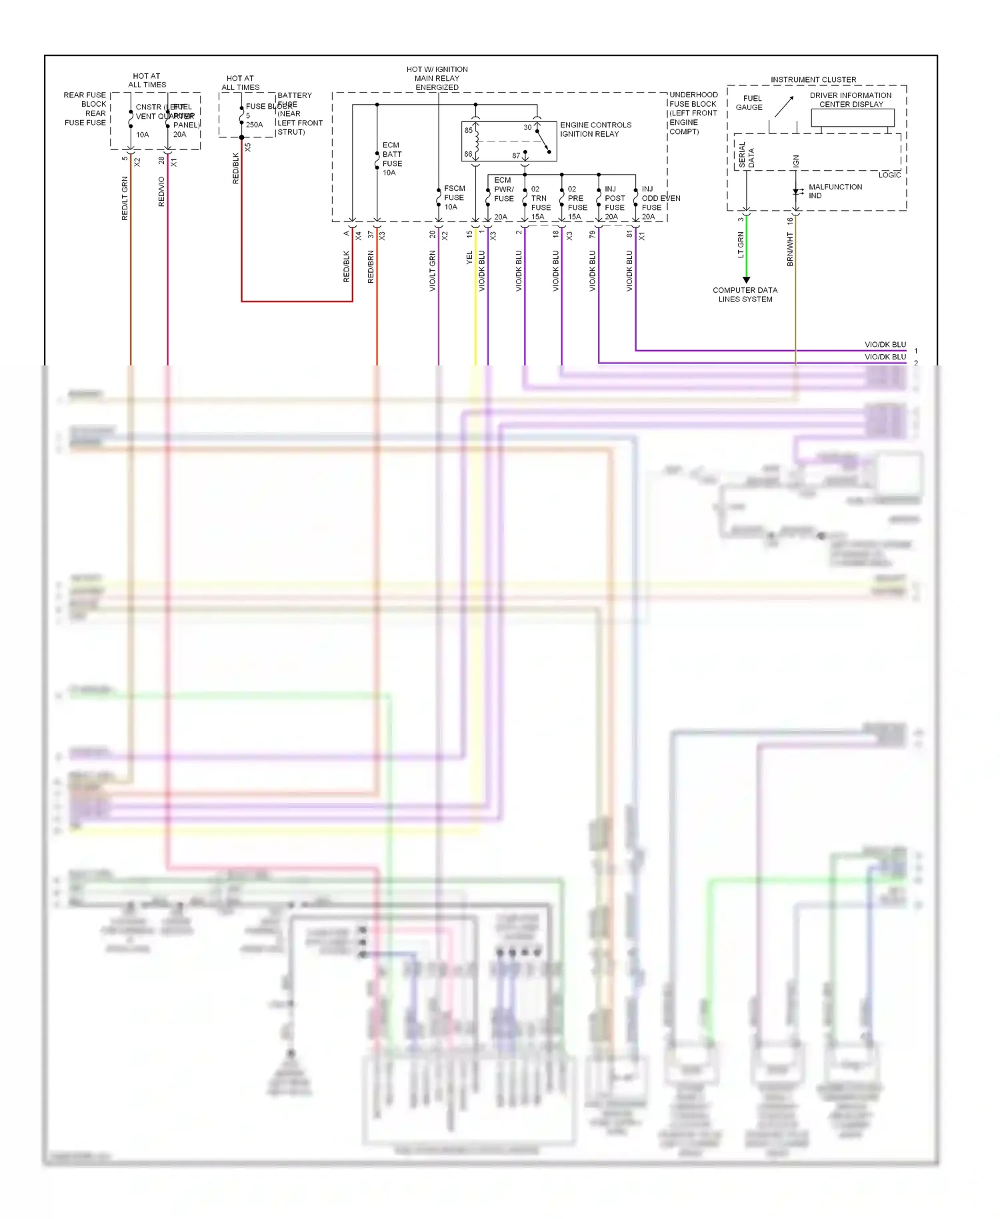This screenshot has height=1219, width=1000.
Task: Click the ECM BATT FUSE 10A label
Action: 392,159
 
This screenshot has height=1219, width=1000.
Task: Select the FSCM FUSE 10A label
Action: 454,197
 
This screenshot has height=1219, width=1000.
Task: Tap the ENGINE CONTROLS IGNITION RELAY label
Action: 595,129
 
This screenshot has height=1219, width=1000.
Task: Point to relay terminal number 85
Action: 469,130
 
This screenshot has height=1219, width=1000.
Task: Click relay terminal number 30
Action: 527,127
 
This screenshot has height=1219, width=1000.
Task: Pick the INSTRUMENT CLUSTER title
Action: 813,79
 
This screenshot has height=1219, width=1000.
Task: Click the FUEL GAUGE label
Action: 750,103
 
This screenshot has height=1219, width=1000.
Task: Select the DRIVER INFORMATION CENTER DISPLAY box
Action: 852,117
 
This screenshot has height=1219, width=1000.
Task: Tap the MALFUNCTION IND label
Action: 835,191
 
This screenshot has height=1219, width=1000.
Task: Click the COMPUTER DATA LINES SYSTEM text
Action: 745,295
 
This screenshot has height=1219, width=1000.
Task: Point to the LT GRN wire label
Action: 740,245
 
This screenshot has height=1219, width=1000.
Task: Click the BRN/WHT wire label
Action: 790,249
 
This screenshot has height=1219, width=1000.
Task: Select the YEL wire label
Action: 469,257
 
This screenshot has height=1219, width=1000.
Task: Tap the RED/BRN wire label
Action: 371,267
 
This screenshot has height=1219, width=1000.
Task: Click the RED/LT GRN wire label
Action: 125,199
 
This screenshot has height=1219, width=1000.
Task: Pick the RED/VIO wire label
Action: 161,192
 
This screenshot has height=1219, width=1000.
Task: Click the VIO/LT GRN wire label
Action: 432,271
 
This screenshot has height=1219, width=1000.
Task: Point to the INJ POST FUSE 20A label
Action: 614,203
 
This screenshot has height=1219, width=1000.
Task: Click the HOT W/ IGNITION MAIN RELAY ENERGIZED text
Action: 437,78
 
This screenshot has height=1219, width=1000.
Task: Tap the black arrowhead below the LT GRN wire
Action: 746,279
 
